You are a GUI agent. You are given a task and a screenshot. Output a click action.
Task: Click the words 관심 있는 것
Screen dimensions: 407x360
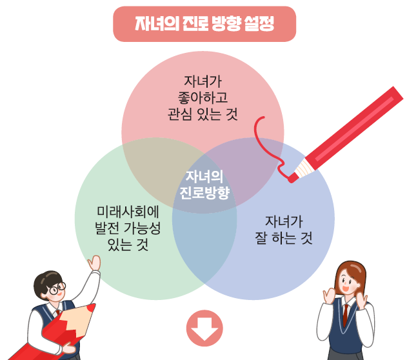click(203, 115)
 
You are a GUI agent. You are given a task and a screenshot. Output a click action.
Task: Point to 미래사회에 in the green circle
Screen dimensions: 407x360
click(128, 213)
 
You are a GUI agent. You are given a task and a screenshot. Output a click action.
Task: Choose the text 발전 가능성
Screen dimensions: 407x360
click(128, 229)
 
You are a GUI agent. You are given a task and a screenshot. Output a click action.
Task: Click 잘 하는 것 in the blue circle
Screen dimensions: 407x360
click(284, 239)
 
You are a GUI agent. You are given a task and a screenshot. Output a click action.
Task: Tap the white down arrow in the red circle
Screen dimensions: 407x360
click(204, 330)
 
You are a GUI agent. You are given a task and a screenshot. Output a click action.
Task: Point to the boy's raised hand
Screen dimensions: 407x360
click(95, 263)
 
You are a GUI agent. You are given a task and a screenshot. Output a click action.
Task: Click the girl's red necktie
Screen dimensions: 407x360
click(346, 315)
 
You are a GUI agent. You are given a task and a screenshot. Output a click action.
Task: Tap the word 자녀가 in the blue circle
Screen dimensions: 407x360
click(284, 223)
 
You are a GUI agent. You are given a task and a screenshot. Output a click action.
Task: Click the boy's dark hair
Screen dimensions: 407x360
click(49, 274)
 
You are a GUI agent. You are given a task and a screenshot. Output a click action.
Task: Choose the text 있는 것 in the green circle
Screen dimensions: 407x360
click(128, 245)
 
